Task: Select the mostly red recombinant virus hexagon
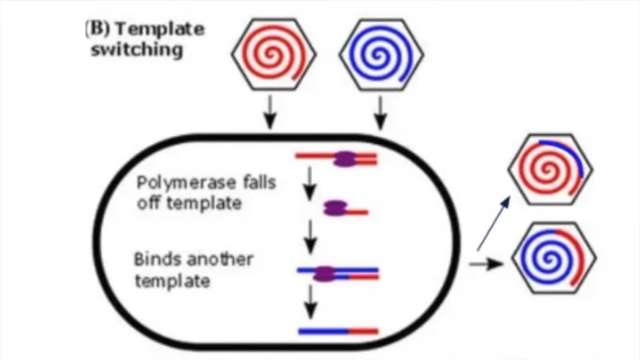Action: click(551, 170)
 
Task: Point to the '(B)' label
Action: click(98, 30)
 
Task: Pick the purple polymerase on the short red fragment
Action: click(334, 210)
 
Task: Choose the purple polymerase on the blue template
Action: click(325, 274)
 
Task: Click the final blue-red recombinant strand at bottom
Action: click(337, 330)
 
